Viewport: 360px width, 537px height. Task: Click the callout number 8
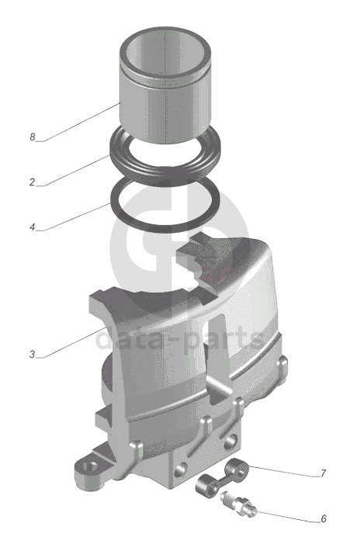tap(33, 137)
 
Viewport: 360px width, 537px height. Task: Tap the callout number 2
tap(32, 182)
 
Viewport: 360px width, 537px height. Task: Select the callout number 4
tap(33, 227)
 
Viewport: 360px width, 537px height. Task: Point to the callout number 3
tap(32, 354)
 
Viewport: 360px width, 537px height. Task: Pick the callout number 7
tap(323, 473)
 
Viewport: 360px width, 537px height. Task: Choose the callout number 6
tap(324, 518)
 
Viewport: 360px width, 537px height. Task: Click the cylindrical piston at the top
tap(165, 85)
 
